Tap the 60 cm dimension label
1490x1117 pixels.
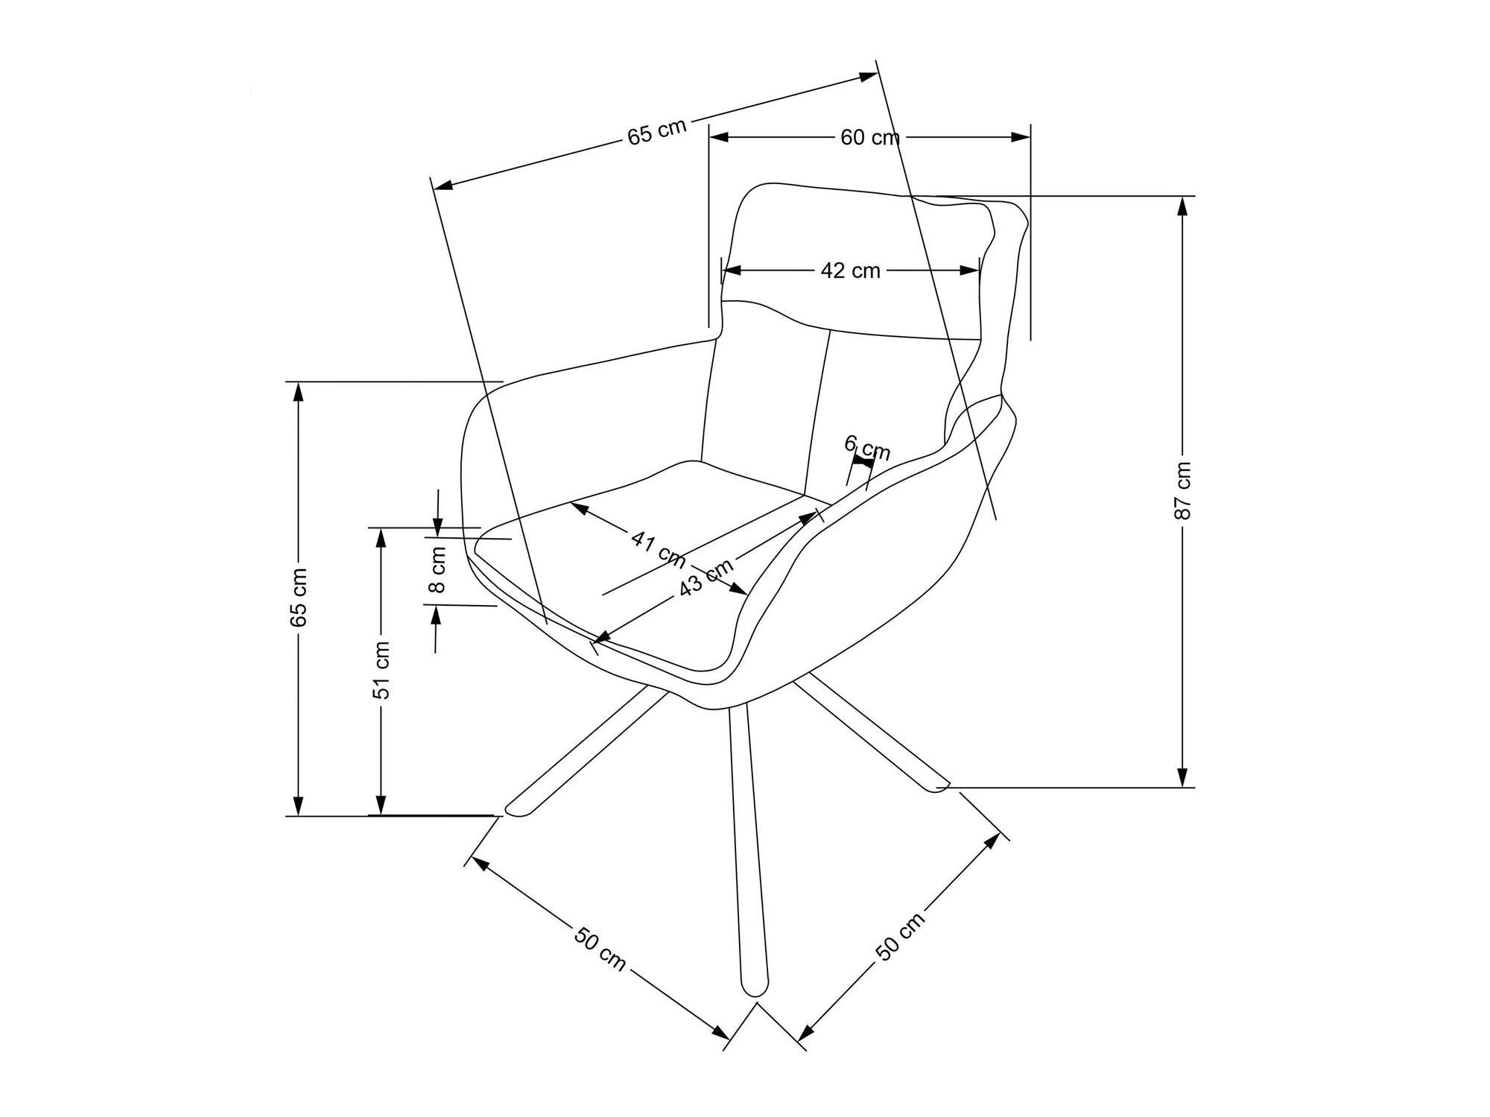(869, 138)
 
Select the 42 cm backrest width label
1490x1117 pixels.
(850, 271)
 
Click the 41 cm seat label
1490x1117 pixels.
(659, 548)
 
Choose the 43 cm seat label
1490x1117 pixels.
(706, 580)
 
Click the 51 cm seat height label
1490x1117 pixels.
(381, 669)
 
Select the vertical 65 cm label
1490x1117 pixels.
(298, 597)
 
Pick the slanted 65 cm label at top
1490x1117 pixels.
(656, 132)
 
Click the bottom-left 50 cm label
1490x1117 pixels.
(600, 948)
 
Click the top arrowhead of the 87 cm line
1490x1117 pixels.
(1182, 203)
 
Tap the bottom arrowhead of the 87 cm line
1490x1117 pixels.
(1182, 779)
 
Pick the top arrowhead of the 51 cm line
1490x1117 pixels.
(381, 536)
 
